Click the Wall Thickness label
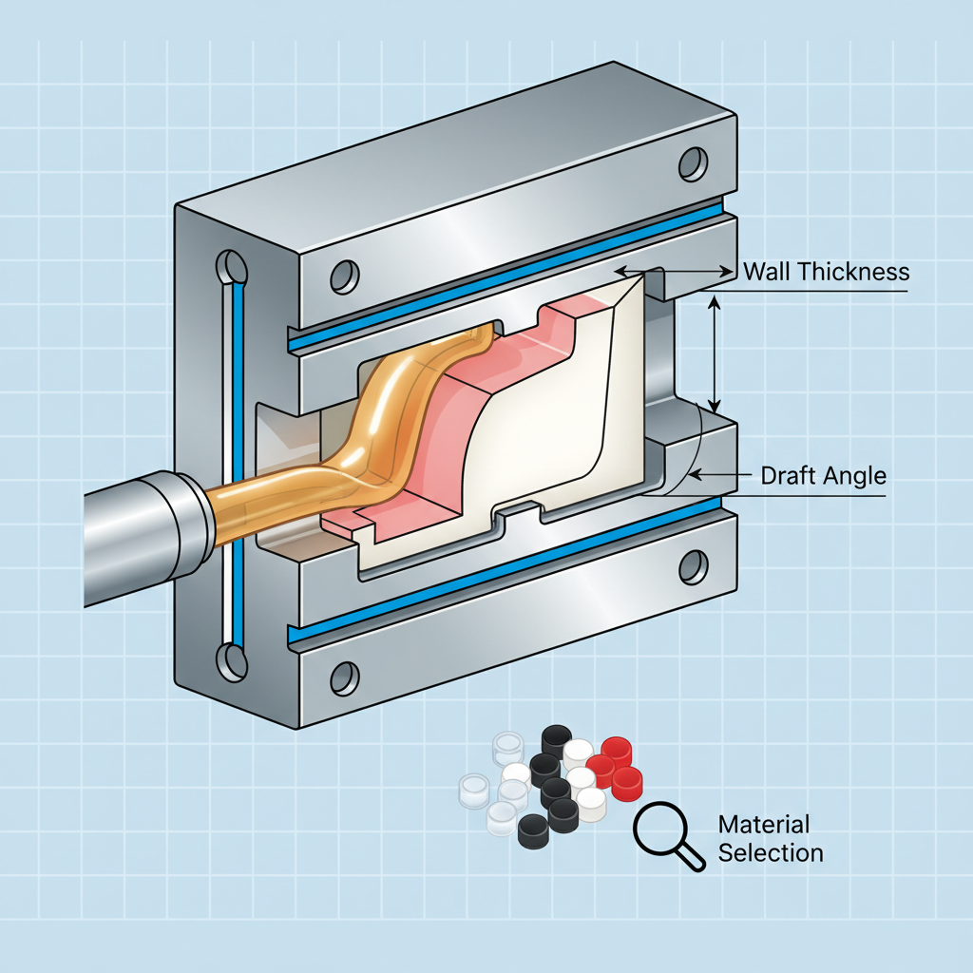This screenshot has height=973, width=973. tap(826, 272)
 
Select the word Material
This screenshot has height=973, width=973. tap(763, 824)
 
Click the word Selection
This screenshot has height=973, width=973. tap(770, 852)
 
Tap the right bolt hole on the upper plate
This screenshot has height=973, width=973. tap(694, 162)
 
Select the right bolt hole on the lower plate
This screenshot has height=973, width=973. tap(694, 567)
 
